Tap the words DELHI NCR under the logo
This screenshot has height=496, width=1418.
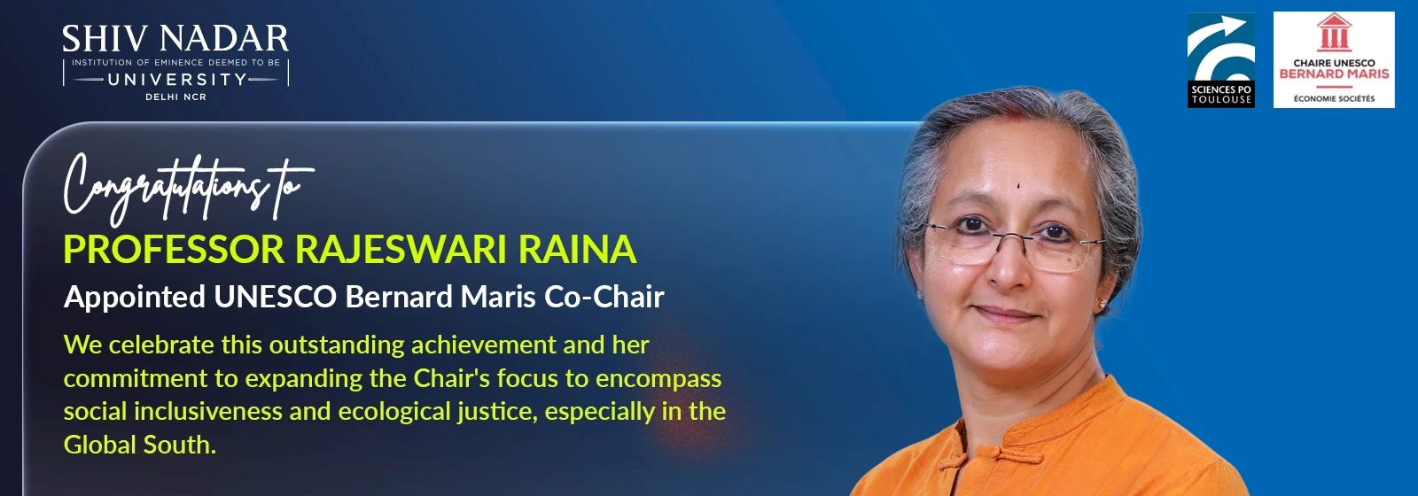[176, 97]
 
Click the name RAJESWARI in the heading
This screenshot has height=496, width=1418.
[401, 249]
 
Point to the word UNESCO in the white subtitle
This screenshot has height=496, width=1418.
[275, 297]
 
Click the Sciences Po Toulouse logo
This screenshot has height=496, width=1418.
[1220, 60]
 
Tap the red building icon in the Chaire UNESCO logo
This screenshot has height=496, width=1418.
[1334, 32]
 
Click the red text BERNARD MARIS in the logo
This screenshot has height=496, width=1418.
[1334, 74]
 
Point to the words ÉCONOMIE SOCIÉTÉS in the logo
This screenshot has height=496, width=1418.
[1334, 98]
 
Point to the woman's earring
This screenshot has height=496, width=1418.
[1102, 304]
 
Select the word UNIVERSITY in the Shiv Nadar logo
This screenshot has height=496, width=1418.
[176, 79]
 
